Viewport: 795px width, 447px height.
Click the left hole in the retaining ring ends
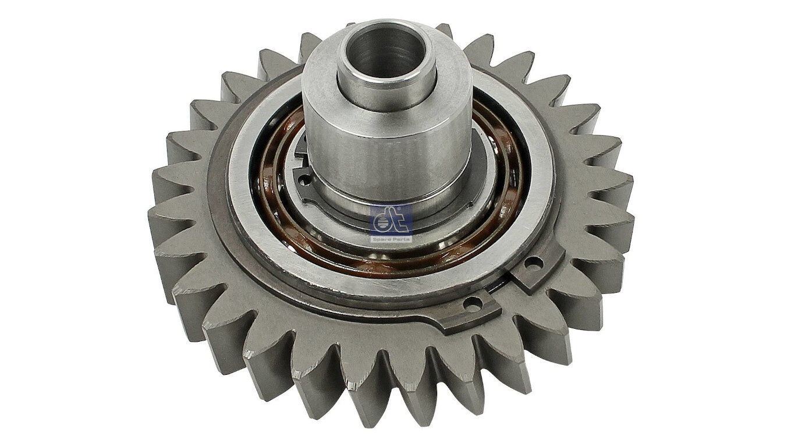472,303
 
